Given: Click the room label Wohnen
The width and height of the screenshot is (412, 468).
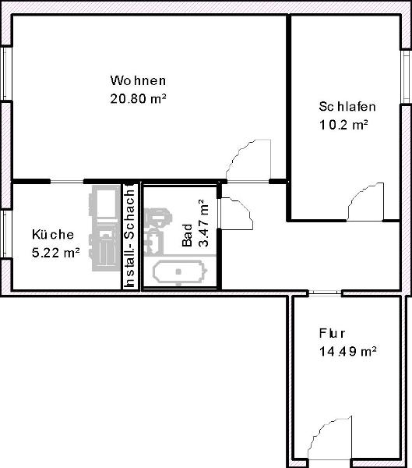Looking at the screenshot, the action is click(138, 80).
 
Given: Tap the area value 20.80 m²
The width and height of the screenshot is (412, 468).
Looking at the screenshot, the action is click(138, 98).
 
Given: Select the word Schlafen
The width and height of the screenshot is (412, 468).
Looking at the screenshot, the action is click(347, 107).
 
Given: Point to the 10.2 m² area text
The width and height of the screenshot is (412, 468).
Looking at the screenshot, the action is click(343, 125).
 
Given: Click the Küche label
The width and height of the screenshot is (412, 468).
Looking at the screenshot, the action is click(53, 234).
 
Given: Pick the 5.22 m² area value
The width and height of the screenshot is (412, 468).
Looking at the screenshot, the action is click(55, 253).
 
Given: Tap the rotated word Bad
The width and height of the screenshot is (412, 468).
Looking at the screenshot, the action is click(187, 236).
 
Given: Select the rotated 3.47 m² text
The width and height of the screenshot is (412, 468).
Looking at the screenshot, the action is click(203, 223).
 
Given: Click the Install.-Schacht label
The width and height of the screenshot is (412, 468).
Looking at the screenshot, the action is click(130, 236).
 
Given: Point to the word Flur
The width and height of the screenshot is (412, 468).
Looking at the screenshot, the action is click(332, 333).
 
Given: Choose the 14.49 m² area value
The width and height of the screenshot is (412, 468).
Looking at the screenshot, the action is click(347, 351).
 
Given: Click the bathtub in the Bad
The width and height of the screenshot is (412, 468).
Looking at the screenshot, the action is click(180, 272).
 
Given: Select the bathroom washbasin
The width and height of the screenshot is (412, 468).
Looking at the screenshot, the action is click(154, 243).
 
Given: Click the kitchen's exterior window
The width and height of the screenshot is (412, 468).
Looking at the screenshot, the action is click(5, 234).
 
